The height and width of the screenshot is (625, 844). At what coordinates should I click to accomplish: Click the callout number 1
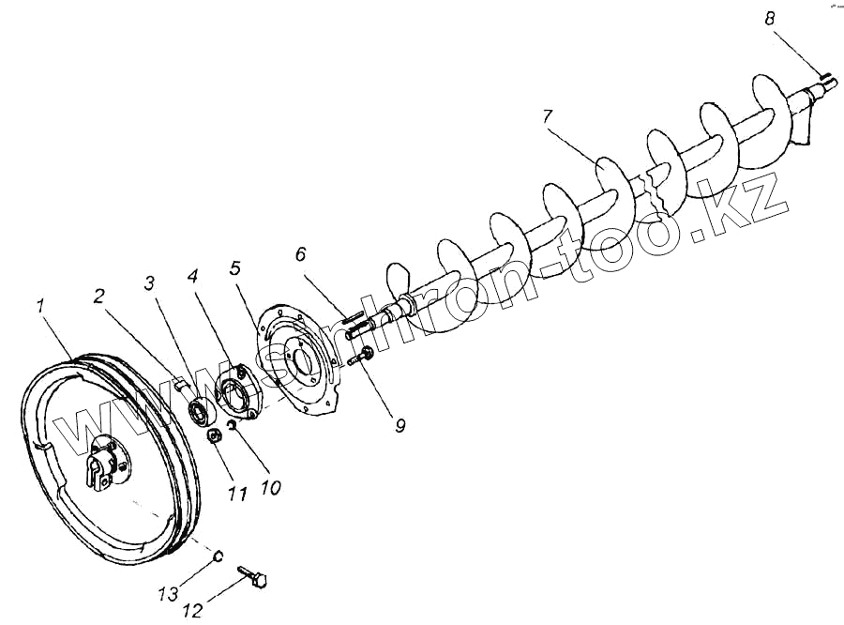[x=40, y=305]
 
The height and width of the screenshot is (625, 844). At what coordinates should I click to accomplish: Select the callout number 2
[x=98, y=296]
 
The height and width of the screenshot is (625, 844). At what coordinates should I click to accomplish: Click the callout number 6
[x=300, y=254]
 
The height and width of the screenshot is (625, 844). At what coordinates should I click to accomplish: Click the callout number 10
[x=271, y=488]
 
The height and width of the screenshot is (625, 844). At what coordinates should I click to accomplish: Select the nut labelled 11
[x=213, y=435]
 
